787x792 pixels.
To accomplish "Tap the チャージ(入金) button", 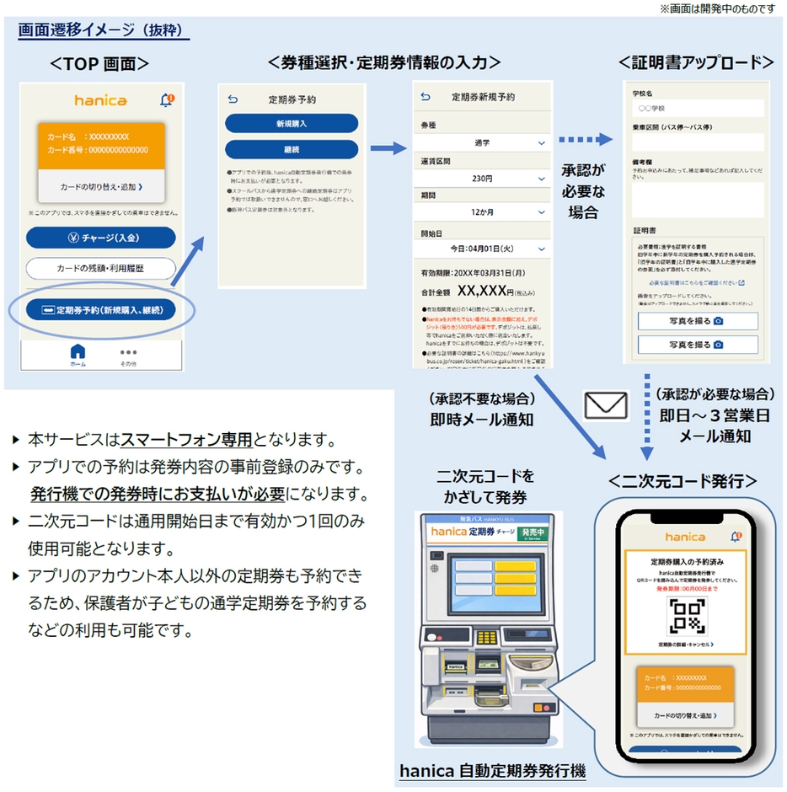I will tap(100, 238).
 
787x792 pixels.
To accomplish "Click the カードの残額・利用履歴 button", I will tap(100, 269).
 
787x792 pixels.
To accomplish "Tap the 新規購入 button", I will tap(291, 123).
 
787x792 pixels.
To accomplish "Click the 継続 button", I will tap(291, 149).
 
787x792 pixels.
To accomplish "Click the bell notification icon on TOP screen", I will tap(166, 100).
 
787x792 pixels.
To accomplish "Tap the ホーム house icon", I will tap(78, 353).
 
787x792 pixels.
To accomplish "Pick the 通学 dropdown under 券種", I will tap(482, 142).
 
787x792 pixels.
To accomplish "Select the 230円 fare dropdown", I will tap(482, 179).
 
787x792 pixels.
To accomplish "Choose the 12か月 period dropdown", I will tap(482, 213).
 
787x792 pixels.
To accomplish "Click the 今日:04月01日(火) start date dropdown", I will tap(482, 249).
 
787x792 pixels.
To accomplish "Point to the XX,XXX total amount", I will tap(481, 292).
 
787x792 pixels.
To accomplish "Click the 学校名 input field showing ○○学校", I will tap(698, 109).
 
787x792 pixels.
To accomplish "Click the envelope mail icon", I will tap(607, 406).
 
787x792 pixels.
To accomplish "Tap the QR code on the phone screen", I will tap(685, 618).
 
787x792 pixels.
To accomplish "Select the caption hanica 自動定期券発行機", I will tap(492, 769).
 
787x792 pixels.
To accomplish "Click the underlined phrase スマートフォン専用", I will tap(186, 440).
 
